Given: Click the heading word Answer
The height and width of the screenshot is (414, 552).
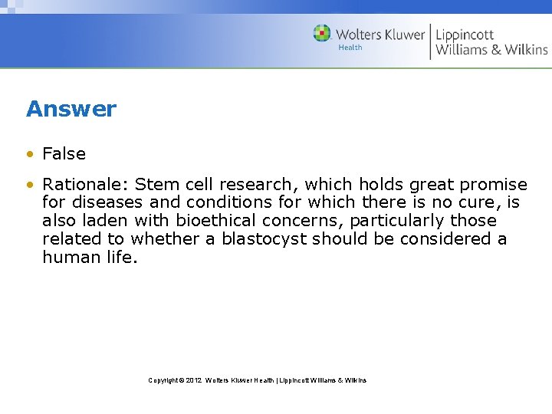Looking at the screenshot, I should tap(71, 109).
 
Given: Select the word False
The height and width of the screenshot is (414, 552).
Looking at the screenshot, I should tap(64, 153).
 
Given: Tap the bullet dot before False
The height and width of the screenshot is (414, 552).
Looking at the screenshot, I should tap(30, 154).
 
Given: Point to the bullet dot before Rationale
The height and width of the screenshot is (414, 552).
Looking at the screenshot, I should tap(30, 186).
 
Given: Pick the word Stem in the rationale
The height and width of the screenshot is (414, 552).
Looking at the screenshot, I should tap(153, 185).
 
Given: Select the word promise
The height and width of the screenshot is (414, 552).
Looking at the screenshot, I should tap(495, 185).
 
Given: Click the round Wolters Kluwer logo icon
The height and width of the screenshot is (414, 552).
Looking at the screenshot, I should tap(322, 33).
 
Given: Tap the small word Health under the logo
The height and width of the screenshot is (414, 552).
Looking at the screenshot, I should tap(350, 48).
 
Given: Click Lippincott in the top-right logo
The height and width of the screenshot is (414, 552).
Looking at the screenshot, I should tap(465, 34).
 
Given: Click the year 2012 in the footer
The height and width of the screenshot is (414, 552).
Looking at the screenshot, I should tap(195, 380).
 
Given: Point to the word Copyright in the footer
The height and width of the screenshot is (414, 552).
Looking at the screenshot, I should tap(164, 380).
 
